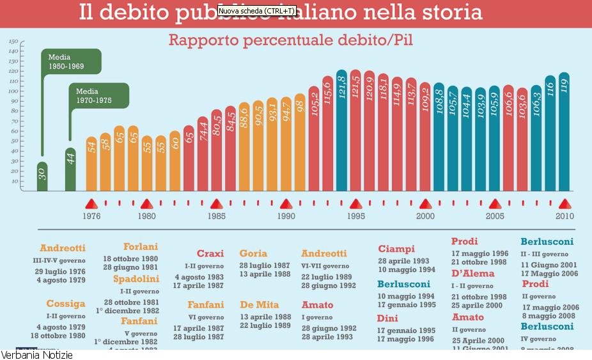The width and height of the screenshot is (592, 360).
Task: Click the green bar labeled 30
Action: click(42, 176)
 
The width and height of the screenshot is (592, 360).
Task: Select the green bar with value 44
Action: click(70, 169)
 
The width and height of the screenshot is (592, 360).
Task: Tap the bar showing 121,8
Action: click(341, 131)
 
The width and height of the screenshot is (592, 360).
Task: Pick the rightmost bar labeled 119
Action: click(564, 131)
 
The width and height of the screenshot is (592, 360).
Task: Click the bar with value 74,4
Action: click(203, 153)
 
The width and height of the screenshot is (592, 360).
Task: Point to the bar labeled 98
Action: click(300, 142)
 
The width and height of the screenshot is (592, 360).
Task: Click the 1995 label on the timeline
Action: click(356, 216)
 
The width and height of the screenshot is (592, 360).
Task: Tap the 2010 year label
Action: click(564, 216)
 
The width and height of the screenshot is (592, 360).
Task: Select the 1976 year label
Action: click(91, 216)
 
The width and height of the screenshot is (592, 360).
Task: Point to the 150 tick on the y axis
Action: click(13, 42)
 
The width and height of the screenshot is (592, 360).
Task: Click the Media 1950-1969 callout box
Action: click(70, 61)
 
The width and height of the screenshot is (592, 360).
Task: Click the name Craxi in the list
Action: click(210, 254)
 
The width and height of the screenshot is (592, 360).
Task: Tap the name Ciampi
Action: click(396, 249)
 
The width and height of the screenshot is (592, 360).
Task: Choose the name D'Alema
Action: click(472, 274)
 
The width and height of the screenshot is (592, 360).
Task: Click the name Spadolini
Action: click(137, 279)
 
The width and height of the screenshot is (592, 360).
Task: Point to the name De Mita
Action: click(260, 304)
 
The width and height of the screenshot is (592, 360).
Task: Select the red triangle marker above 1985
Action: click(217, 204)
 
